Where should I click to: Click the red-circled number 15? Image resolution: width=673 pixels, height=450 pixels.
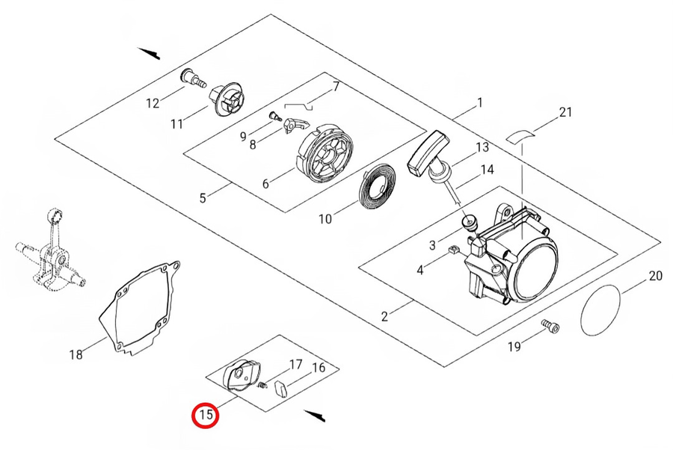(206, 413)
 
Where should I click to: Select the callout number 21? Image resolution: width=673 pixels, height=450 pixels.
(565, 113)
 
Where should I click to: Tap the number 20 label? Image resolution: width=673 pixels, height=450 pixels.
(654, 276)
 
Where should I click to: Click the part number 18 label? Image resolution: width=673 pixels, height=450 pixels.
(76, 354)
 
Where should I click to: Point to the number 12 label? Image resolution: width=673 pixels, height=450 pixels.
(153, 103)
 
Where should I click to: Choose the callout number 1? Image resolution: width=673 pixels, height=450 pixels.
(479, 102)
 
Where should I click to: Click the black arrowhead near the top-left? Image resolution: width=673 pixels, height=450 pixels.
(150, 52)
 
